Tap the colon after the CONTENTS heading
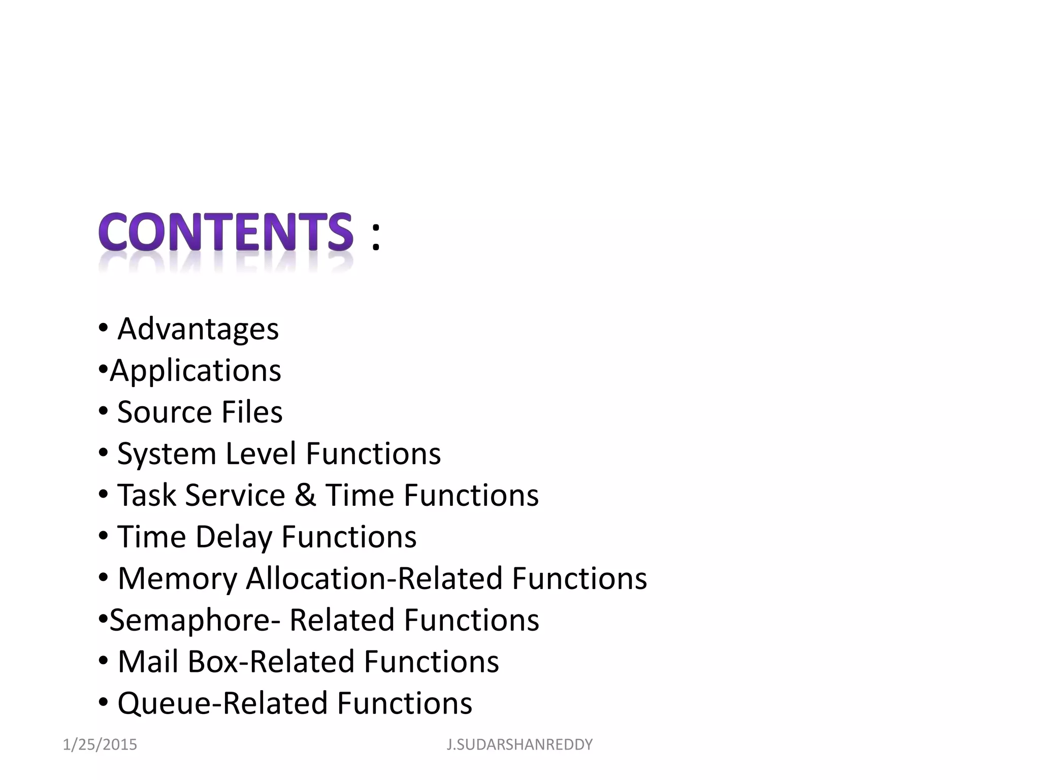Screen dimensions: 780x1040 click(375, 236)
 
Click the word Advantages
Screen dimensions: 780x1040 click(198, 329)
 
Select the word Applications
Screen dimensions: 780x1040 click(196, 371)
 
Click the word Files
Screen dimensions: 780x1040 click(252, 412)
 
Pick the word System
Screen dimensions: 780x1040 click(167, 454)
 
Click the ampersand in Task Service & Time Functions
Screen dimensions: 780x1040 click(305, 495)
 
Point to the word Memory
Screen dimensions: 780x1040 click(177, 579)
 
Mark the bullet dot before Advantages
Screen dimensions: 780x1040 click(103, 328)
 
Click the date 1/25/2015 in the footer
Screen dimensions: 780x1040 click(100, 744)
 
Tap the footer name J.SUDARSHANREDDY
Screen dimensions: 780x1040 click(519, 744)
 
